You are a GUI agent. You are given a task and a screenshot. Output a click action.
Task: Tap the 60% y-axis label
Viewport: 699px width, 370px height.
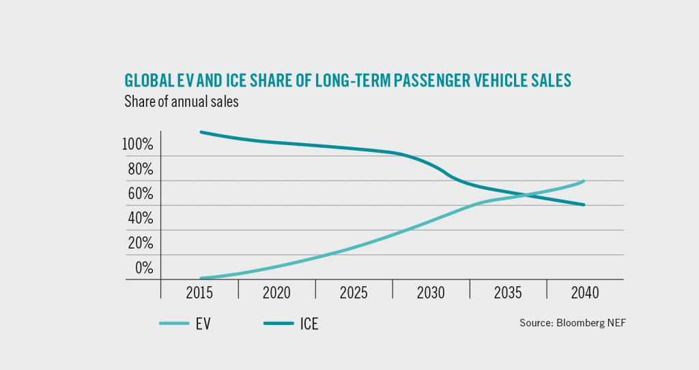(140, 194)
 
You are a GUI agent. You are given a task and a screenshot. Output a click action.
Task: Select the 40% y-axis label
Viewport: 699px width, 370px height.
(140, 219)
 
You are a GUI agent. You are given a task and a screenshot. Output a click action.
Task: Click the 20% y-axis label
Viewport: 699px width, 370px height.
(140, 243)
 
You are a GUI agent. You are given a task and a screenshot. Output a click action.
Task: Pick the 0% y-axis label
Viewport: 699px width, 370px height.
(143, 268)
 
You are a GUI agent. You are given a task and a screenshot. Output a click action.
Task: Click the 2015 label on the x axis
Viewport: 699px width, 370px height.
(199, 293)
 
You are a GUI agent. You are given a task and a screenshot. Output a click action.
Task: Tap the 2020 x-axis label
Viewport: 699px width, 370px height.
(276, 293)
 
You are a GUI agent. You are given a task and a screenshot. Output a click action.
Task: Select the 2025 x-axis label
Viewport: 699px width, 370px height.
(354, 293)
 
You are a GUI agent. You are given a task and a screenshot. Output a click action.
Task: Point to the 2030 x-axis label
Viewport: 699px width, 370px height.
(431, 293)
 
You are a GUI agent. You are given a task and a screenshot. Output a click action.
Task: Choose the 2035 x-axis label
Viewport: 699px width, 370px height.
(508, 293)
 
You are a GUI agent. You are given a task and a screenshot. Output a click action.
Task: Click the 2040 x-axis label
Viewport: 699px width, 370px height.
(585, 293)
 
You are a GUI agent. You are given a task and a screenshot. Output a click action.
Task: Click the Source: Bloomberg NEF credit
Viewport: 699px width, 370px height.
(572, 324)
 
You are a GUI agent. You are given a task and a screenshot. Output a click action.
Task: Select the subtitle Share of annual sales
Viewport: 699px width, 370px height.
(181, 103)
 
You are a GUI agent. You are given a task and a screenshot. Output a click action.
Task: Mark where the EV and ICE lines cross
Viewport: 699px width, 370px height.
(524, 196)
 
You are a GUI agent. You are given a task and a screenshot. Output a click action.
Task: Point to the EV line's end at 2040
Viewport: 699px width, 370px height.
(584, 181)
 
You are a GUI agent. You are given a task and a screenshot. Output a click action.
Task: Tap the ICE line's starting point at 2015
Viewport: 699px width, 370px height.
(200, 132)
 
